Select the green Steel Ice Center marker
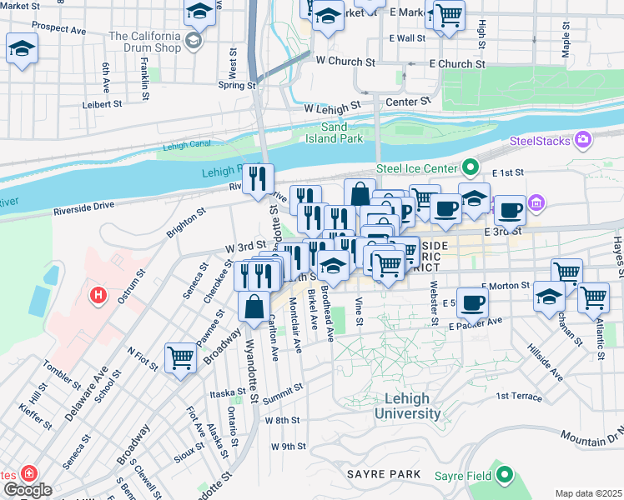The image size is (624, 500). pos(470,168)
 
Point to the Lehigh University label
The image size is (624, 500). pos(407,407)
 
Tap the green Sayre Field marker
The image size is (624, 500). pos(504,475)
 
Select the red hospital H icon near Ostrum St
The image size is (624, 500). pos(98,295)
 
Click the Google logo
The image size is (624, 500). pos(27,489)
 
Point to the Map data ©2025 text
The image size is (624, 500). pos(588,493)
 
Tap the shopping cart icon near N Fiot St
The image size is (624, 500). pos(180,358)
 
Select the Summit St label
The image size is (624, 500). pos(283,390)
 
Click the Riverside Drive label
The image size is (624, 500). pos(83,207)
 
